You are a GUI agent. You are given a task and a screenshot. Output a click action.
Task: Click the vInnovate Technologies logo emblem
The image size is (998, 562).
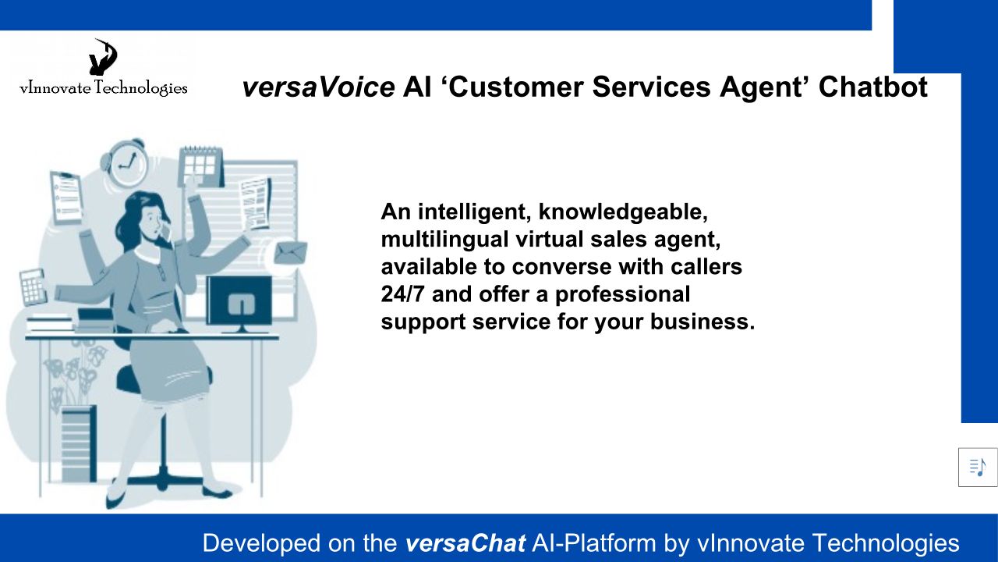[x=103, y=57]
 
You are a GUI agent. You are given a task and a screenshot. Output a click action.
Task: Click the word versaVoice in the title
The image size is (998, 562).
[x=318, y=87]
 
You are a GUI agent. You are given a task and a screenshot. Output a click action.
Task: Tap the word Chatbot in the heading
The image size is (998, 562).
[x=872, y=87]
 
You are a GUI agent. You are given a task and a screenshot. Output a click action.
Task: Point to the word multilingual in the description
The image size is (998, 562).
[x=444, y=240]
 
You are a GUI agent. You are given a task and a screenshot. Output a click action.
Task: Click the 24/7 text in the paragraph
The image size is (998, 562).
[x=402, y=294]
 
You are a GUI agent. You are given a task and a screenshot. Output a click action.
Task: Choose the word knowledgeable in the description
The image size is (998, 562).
[x=623, y=212]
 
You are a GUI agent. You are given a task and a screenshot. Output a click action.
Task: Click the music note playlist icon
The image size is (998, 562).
[x=978, y=467]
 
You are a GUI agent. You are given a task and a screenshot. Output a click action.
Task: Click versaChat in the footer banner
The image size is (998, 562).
[x=465, y=543]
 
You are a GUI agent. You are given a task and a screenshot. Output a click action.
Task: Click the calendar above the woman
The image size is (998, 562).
[x=201, y=166]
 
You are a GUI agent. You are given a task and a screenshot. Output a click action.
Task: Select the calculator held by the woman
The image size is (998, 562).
[x=33, y=287]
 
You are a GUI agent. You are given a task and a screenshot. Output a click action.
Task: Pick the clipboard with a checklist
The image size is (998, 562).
[x=67, y=197]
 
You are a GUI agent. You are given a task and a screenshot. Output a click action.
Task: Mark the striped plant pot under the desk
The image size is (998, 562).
[x=79, y=443]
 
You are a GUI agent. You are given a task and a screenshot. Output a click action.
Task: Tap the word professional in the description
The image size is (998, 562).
[x=622, y=295]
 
